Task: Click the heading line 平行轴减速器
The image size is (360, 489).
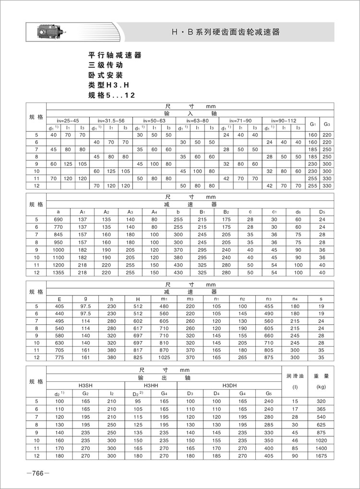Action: (115, 55)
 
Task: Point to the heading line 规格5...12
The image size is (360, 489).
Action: (111, 95)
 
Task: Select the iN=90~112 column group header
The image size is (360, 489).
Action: (283, 121)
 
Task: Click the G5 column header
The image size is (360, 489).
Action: (268, 394)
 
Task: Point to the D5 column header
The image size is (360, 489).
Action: (322, 212)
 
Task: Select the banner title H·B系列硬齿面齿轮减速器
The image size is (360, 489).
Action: (225, 33)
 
